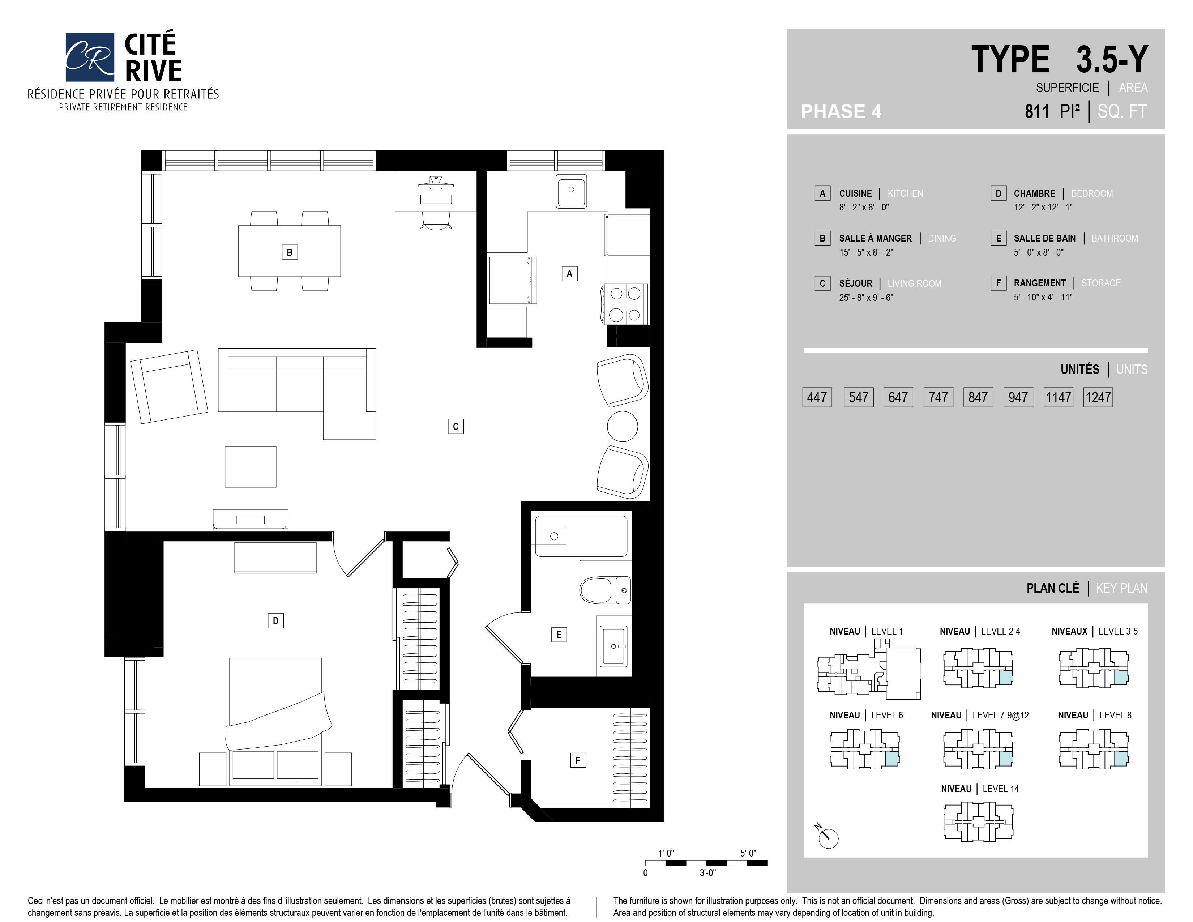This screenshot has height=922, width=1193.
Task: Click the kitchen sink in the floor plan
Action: [x=571, y=191]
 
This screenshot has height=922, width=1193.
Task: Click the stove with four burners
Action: [x=625, y=304]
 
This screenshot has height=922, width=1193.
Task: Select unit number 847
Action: [x=978, y=397]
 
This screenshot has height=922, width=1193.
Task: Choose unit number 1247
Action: [x=1098, y=397]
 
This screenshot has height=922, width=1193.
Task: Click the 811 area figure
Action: [x=1037, y=111]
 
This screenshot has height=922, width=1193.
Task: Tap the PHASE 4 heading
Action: [x=841, y=111]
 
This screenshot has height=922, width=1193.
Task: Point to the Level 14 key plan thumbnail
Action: [x=978, y=821]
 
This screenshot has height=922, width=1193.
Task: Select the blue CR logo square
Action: [x=90, y=57]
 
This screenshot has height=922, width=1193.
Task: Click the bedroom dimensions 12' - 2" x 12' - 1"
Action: [x=1043, y=207]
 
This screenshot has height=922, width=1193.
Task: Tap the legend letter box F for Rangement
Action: [x=998, y=283]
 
